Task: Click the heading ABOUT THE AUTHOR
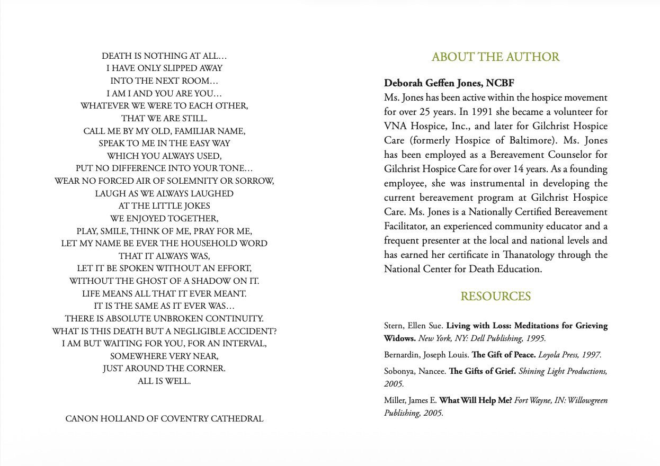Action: [x=495, y=57]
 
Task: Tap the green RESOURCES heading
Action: [x=495, y=297]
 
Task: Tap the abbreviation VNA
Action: [x=395, y=126]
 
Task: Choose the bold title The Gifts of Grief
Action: [x=482, y=371]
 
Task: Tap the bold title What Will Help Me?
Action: [x=476, y=400]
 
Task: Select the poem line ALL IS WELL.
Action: [x=164, y=381]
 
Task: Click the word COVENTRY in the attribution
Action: [x=184, y=418]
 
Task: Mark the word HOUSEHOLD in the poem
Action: [x=209, y=244]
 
